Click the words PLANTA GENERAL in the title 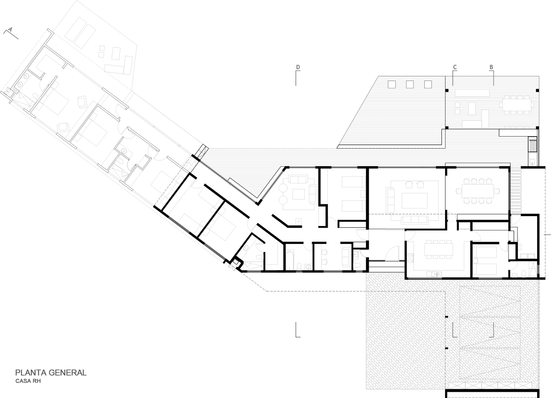[x=51, y=373]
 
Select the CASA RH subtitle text [x=28, y=381]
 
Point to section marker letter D [x=297, y=67]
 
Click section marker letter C [x=455, y=67]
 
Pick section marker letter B [x=491, y=67]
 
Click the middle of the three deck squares [x=410, y=84]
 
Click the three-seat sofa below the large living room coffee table [x=414, y=220]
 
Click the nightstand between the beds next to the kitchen [x=475, y=260]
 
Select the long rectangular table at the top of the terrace [x=472, y=93]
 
